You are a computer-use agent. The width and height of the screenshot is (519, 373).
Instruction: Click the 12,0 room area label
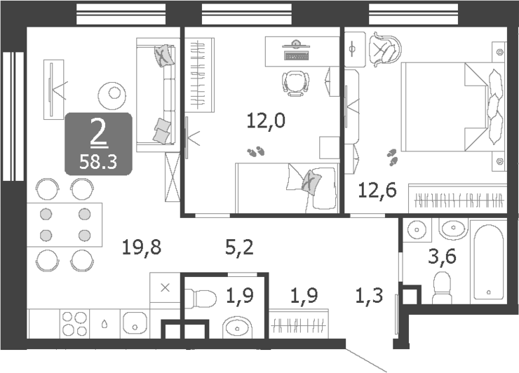[266, 121]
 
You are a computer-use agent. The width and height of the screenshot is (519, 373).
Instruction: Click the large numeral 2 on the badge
[98, 133]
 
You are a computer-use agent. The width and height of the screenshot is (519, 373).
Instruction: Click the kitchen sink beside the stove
[133, 325]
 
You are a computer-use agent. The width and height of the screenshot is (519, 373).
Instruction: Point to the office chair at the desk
[295, 82]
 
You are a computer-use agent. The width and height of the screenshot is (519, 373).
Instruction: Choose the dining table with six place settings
[65, 224]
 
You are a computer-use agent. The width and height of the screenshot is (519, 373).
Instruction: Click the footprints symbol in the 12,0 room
[255, 151]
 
